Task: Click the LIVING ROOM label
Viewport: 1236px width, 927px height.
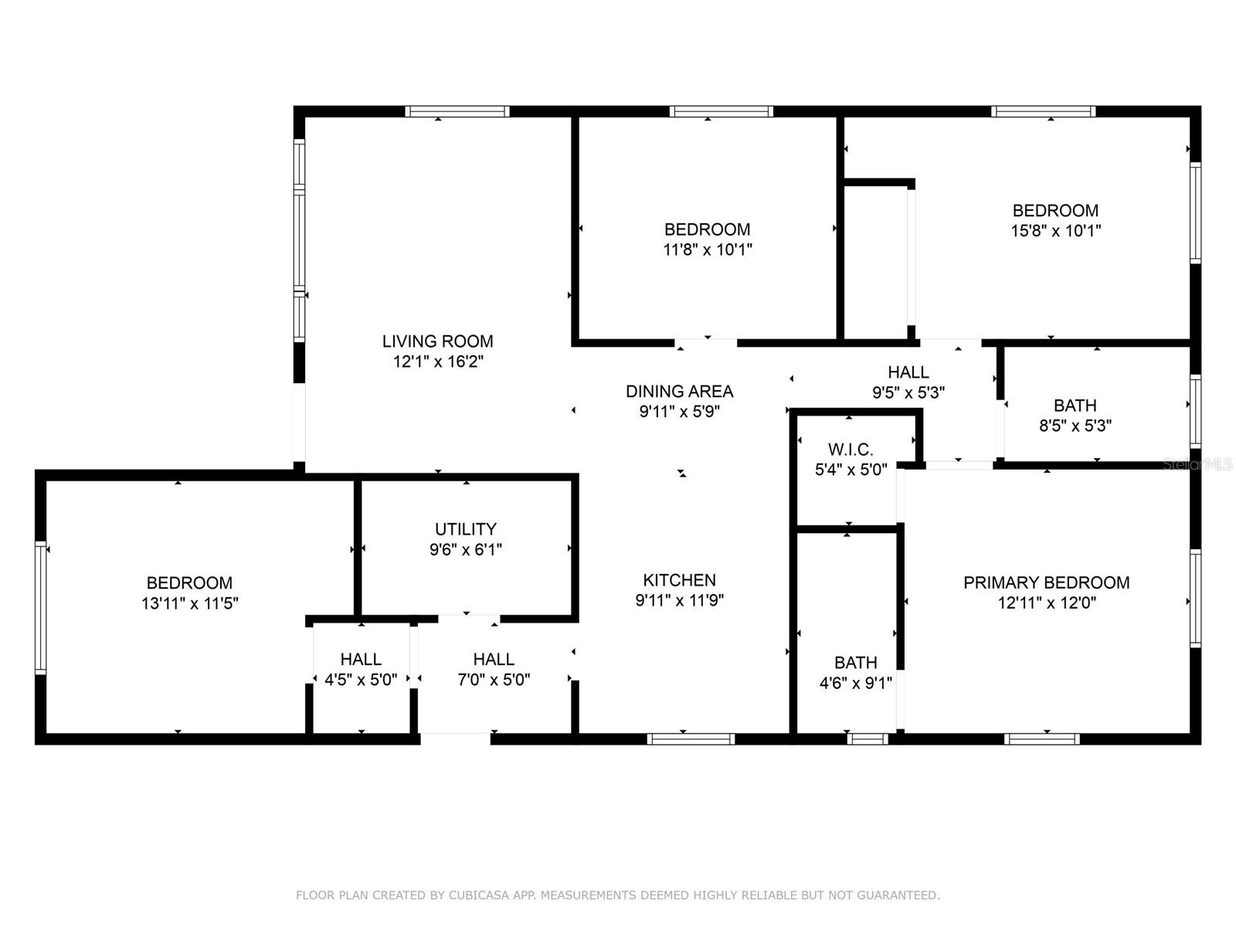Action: click(437, 341)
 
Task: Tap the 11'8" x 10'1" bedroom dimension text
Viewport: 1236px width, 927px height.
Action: click(708, 250)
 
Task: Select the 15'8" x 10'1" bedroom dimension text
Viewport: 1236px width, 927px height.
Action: click(1055, 231)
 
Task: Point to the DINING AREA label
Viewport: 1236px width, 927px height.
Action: click(679, 391)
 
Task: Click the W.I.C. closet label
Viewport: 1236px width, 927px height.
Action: click(851, 450)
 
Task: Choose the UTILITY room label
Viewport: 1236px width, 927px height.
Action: click(466, 529)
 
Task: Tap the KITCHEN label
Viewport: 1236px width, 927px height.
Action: click(679, 579)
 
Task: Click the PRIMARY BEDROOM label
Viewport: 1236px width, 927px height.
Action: click(1046, 582)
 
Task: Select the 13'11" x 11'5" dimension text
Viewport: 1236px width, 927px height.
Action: click(190, 603)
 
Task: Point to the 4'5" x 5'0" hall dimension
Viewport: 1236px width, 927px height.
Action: click(361, 680)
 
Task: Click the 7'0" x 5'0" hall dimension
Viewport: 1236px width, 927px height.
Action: click(494, 680)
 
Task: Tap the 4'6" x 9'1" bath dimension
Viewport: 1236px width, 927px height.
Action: click(855, 684)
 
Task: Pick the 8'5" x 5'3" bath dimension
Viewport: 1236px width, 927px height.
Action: click(1075, 426)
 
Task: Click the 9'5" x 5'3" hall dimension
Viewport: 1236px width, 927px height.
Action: click(908, 392)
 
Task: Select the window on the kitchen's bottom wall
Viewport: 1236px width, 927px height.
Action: click(691, 739)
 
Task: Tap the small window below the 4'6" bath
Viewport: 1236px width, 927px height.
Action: click(868, 739)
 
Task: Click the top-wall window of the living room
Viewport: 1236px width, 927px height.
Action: click(457, 111)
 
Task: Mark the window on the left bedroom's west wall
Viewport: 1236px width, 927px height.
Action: click(40, 607)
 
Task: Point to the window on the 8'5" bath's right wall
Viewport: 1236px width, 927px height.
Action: click(1195, 412)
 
